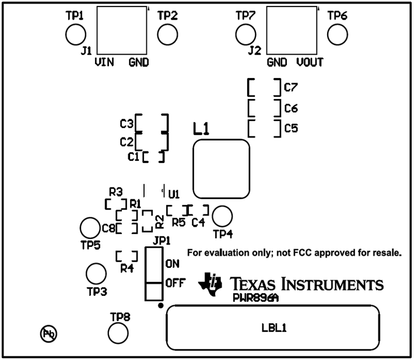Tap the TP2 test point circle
coord(167,35)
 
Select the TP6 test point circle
coord(337,35)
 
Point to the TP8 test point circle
coord(119,333)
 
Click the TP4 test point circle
coord(222,216)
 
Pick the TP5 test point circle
coord(90,227)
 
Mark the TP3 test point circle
coord(96,273)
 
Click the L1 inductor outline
coord(222,169)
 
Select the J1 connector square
coord(122,31)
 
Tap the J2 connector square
coord(292,31)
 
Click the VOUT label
coord(310,62)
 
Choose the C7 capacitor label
coord(291,89)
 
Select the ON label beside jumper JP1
coord(172,264)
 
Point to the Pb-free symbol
coord(48,334)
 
